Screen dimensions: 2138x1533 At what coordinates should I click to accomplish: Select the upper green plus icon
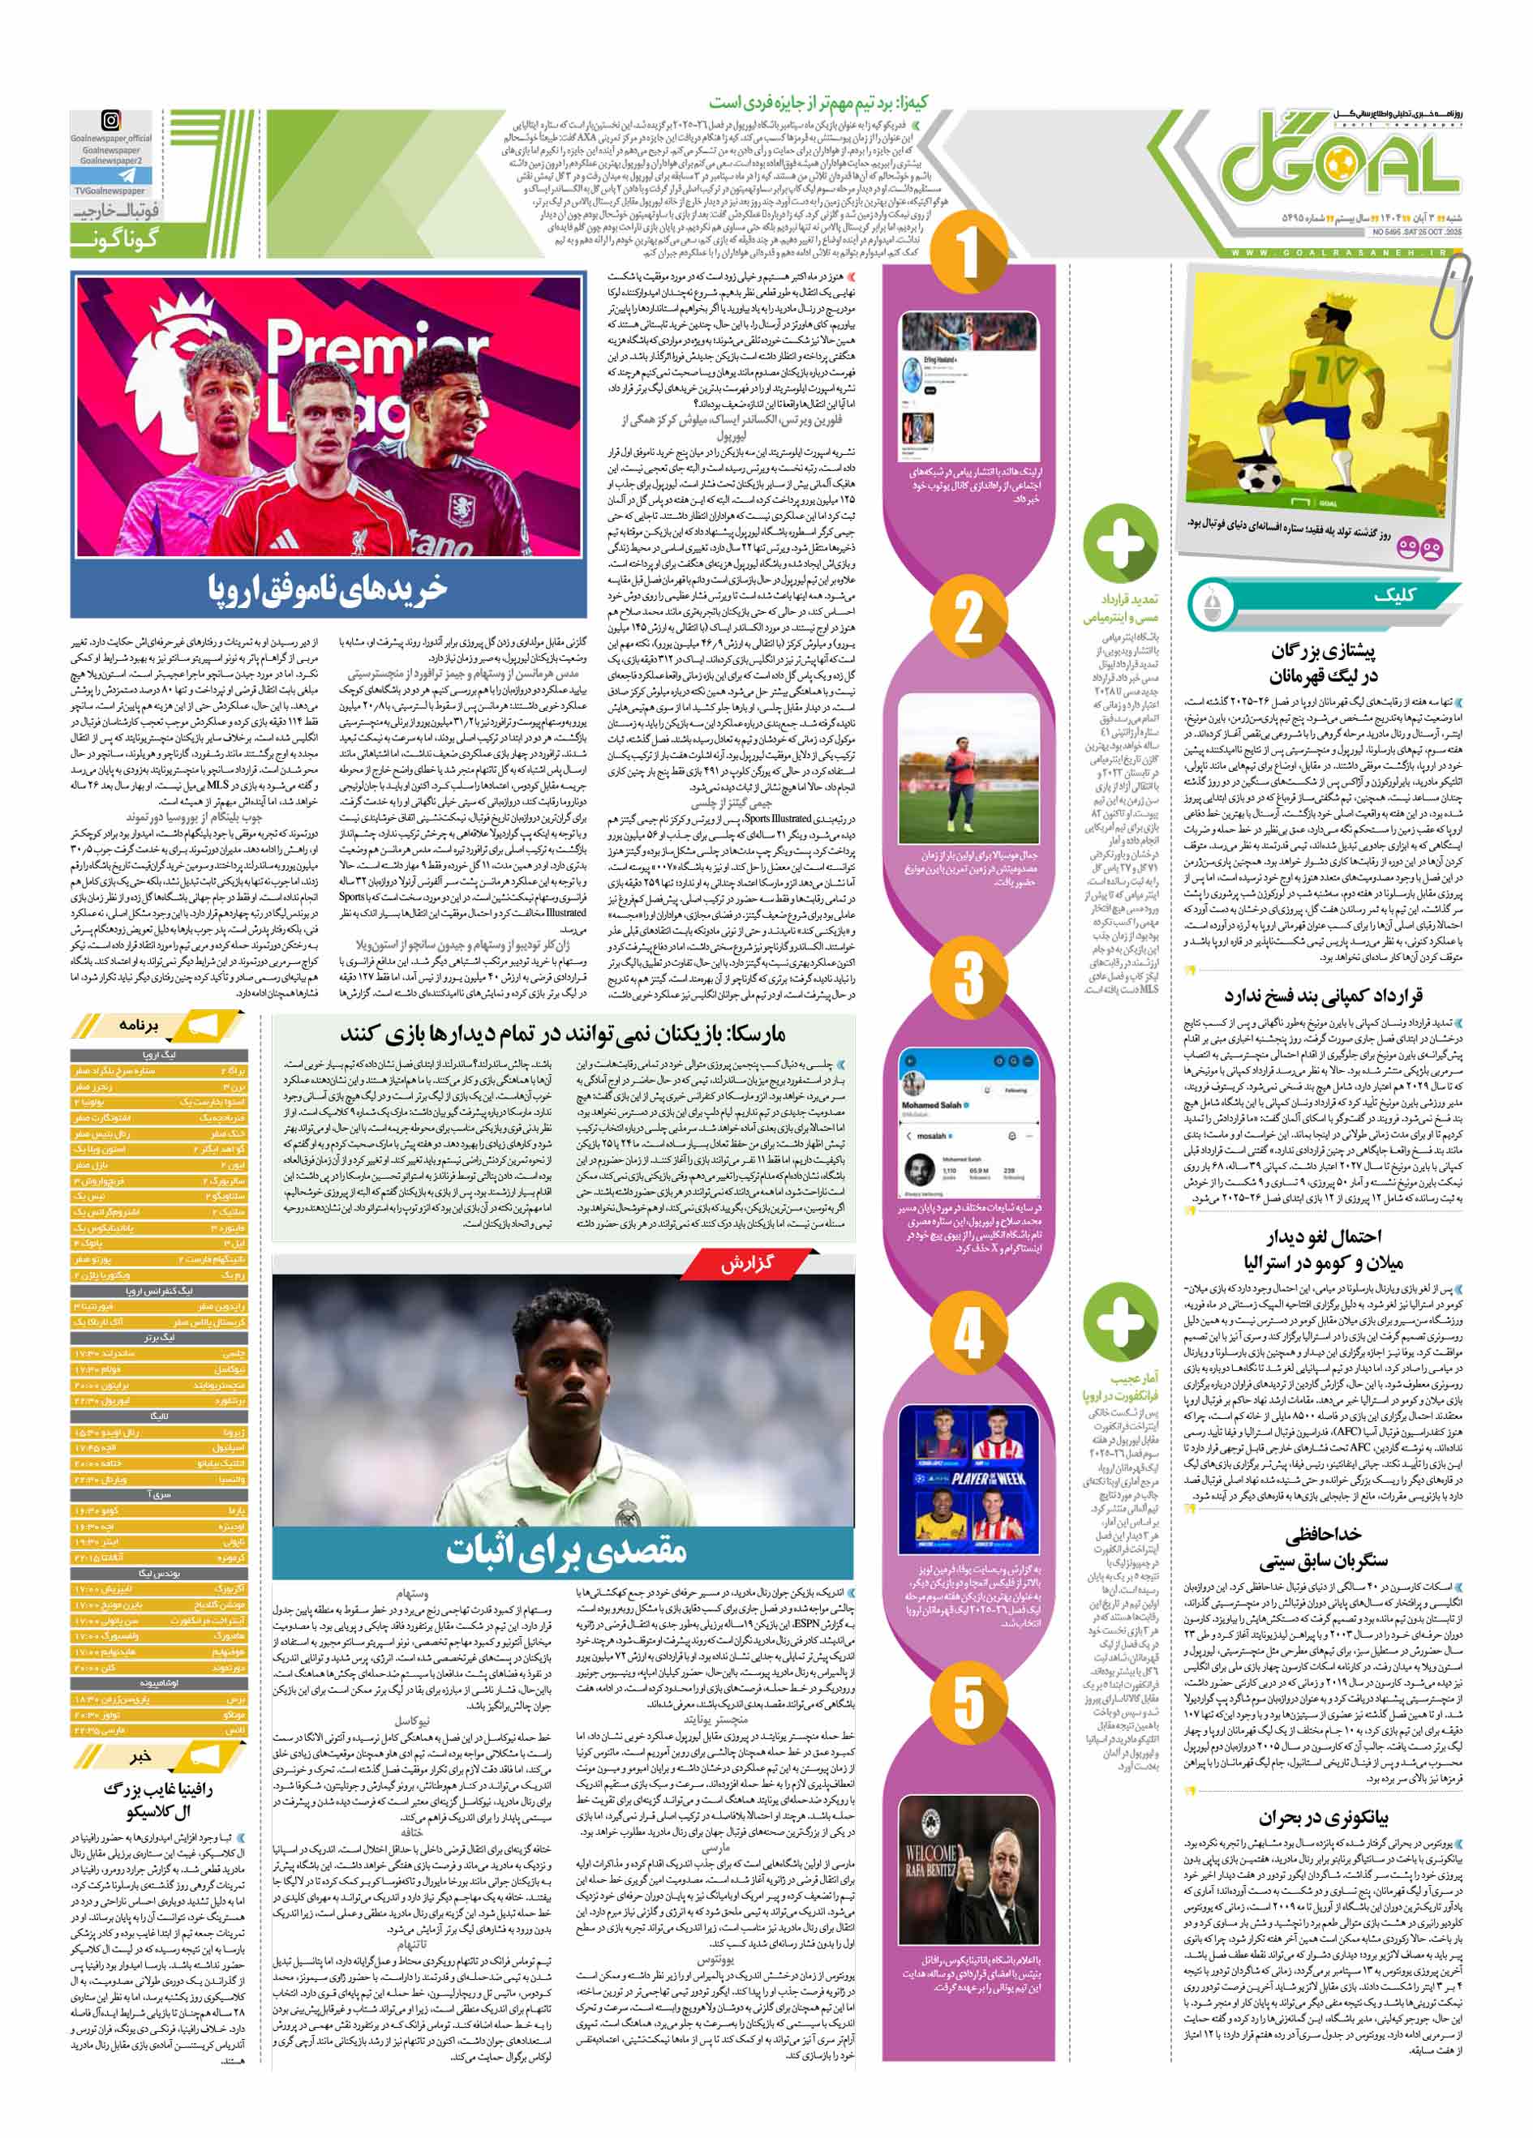coord(1120,540)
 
